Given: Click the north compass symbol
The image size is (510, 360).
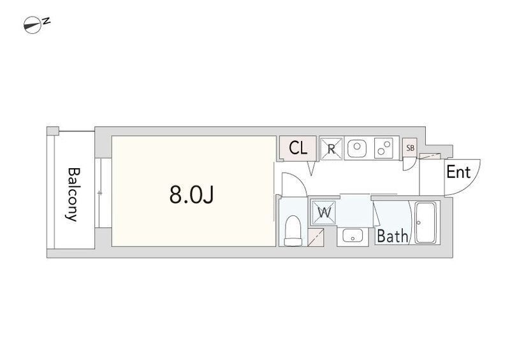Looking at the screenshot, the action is point(33,25).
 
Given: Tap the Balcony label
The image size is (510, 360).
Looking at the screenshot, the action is point(73,194).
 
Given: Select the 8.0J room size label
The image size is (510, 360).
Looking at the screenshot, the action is point(192,195).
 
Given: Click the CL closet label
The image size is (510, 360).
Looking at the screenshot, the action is point(298,148).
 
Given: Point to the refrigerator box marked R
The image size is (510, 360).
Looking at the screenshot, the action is point(331,149).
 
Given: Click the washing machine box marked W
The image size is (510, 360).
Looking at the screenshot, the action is point(324,213).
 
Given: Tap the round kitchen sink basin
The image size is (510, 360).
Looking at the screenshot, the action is point(357,148).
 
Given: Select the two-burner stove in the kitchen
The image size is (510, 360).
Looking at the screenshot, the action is point(384,148).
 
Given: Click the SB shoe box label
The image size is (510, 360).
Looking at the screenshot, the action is point(410,148).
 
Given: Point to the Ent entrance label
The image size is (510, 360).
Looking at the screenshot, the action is point(458,172).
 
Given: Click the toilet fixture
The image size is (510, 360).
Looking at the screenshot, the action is point(293,231).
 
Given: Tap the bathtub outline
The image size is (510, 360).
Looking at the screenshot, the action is point(426,223).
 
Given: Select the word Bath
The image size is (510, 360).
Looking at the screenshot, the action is point(392,236).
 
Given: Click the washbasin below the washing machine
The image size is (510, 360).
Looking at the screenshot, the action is point(353,235).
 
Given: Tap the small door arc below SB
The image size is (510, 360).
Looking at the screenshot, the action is point(411,166).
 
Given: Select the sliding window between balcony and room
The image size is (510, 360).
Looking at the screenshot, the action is point(103,193).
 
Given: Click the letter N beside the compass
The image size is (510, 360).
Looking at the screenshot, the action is point(47,21).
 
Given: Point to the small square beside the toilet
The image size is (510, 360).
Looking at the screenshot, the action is point(316,237).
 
